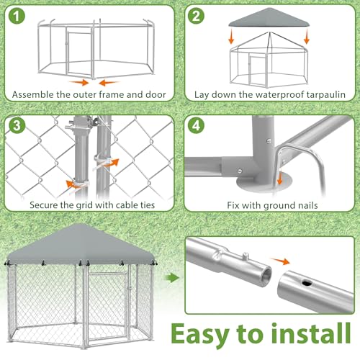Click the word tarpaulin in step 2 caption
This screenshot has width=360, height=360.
(310, 94)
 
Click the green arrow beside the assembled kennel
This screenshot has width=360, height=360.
(170, 276)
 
